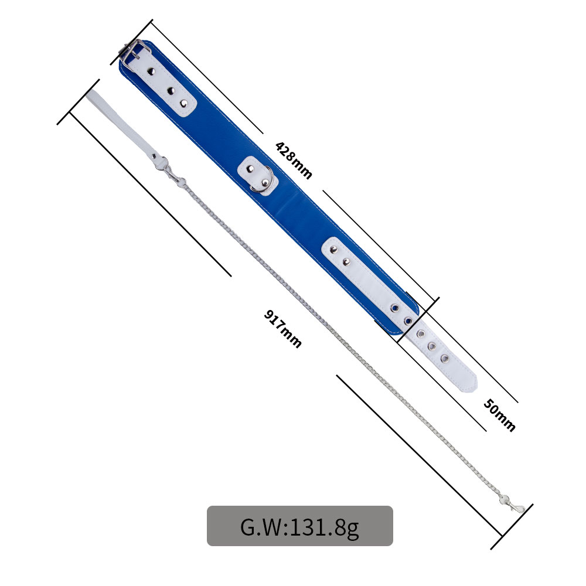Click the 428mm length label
[294, 161]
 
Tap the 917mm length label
[283, 329]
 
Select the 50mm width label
[499, 415]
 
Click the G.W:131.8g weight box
[299, 526]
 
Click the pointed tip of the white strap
[475, 385]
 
